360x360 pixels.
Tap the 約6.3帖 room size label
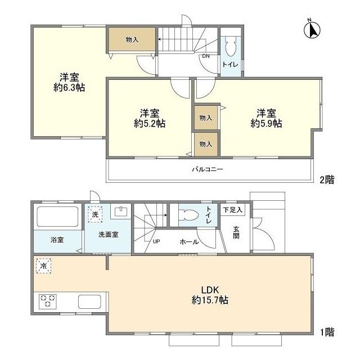click(x=69, y=88)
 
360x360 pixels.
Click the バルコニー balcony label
click(x=208, y=169)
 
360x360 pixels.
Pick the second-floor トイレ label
click(x=231, y=65)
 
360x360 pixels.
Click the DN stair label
click(x=206, y=56)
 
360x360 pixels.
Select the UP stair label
click(x=156, y=242)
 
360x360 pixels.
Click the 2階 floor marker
click(x=327, y=179)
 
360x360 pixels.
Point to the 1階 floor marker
click(x=327, y=332)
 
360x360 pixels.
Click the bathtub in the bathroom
click(x=57, y=216)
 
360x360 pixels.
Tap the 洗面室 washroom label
click(x=108, y=235)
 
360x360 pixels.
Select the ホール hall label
click(x=189, y=242)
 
